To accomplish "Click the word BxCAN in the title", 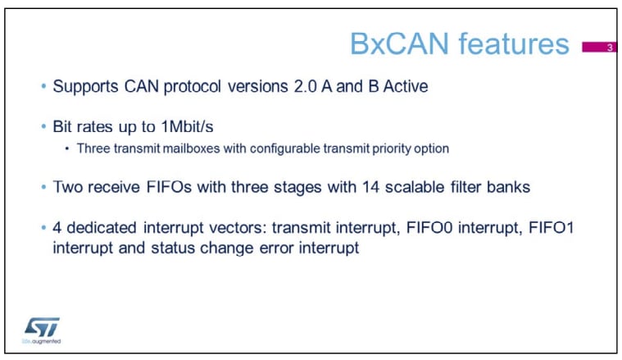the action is click(399, 43).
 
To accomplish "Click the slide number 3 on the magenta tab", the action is click(610, 48).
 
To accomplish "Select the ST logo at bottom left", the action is click(42, 327).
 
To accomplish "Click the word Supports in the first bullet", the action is click(85, 87).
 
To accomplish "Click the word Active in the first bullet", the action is click(406, 87).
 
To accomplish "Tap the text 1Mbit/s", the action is click(187, 126).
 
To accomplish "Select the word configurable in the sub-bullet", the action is click(285, 148).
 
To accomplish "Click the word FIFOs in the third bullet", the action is click(169, 187).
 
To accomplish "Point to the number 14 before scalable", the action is click(371, 187).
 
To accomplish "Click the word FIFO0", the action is click(429, 228).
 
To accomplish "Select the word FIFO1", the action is click(552, 228).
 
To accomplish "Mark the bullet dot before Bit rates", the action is click(43, 126).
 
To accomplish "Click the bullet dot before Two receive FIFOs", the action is click(43, 187).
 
